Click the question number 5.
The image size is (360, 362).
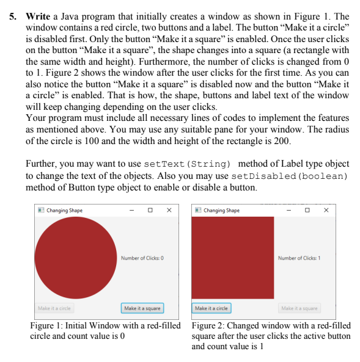[14, 16]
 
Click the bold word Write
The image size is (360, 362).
[37, 16]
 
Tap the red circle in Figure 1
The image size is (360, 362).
[75, 258]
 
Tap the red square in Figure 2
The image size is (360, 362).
[232, 258]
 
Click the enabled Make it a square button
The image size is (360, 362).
[142, 308]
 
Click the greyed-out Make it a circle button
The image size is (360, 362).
[54, 308]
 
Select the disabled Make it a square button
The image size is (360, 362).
[299, 308]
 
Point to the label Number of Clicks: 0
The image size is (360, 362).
[142, 258]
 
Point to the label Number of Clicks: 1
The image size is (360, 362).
[299, 258]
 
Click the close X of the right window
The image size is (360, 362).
[326, 211]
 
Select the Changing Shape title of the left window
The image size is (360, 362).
[64, 211]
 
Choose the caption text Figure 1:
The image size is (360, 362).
[46, 325]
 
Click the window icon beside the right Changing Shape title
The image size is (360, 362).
[197, 211]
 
